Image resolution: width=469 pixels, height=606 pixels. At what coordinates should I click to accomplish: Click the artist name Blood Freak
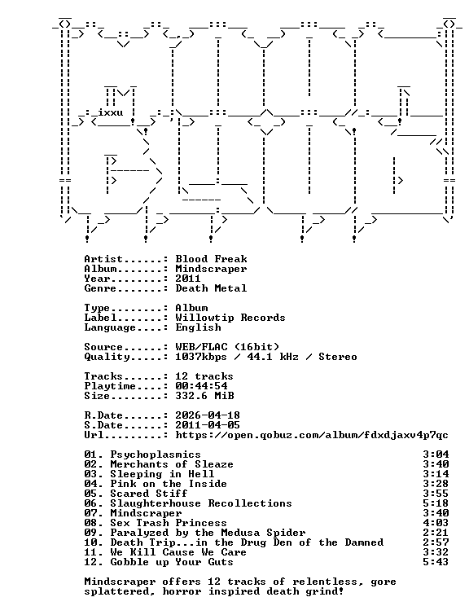coord(211,259)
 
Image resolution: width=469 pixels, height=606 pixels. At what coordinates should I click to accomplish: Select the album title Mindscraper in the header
coord(211,269)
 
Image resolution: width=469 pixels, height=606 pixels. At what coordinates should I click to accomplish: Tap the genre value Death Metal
coord(211,288)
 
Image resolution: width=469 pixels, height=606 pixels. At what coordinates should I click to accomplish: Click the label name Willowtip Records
coord(230,318)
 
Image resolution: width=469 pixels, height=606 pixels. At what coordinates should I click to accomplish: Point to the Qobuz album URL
coord(312,435)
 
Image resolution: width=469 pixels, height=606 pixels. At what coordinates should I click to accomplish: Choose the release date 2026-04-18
coord(208,415)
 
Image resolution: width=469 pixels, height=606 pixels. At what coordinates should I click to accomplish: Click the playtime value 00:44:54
coord(201,386)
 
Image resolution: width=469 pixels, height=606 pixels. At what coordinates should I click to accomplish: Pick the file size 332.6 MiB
coord(204,396)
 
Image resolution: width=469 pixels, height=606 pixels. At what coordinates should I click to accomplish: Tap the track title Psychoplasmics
coord(156,455)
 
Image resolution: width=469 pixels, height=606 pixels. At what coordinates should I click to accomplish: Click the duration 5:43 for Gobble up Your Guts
coord(436,562)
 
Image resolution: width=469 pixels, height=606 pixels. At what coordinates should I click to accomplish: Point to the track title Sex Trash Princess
coord(169,523)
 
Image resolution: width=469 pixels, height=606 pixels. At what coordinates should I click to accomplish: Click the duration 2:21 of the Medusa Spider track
coord(436,533)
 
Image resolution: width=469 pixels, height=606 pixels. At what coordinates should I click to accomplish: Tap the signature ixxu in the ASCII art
coord(110,112)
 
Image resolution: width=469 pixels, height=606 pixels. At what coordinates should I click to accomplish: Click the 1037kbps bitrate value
coord(201,357)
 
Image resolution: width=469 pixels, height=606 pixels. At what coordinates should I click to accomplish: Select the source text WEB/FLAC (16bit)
coord(227,347)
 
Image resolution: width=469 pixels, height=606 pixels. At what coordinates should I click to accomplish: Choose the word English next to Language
coord(198,327)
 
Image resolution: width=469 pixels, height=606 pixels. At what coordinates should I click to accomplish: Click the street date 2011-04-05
coord(208,425)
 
